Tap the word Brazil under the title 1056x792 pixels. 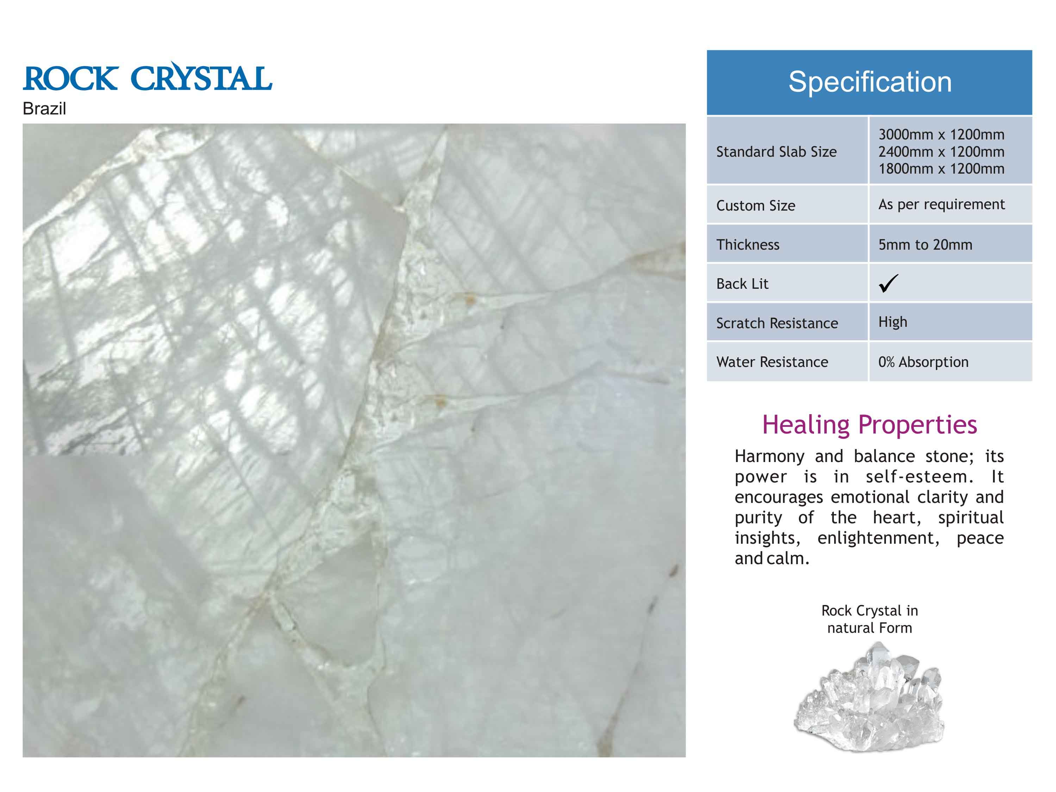(44, 109)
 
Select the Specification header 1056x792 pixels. (870, 82)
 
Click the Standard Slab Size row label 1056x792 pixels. (776, 152)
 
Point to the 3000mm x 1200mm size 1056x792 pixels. (942, 135)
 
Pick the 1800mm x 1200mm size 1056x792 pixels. (942, 169)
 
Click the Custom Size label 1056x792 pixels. (756, 206)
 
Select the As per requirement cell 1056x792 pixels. (942, 204)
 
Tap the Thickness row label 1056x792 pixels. (748, 245)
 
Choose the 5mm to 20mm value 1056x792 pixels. (925, 245)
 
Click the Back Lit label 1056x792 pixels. (742, 284)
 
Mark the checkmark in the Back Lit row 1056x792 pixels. (888, 283)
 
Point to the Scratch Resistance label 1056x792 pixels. (777, 323)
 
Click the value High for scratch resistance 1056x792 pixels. (893, 322)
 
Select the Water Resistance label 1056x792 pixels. (772, 362)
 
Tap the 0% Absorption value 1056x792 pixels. (923, 362)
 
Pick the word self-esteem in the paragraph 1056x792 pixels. (919, 476)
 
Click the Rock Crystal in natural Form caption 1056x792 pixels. (869, 619)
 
